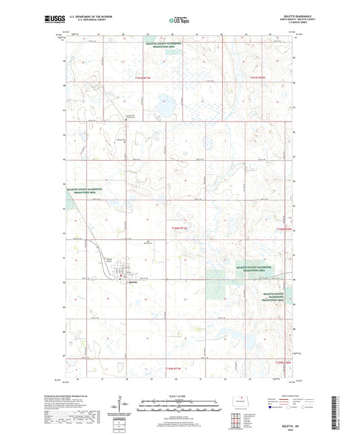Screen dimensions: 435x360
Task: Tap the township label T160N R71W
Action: pyautogui.click(x=175, y=231)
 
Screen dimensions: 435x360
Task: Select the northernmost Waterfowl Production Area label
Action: pyautogui.click(x=164, y=45)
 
